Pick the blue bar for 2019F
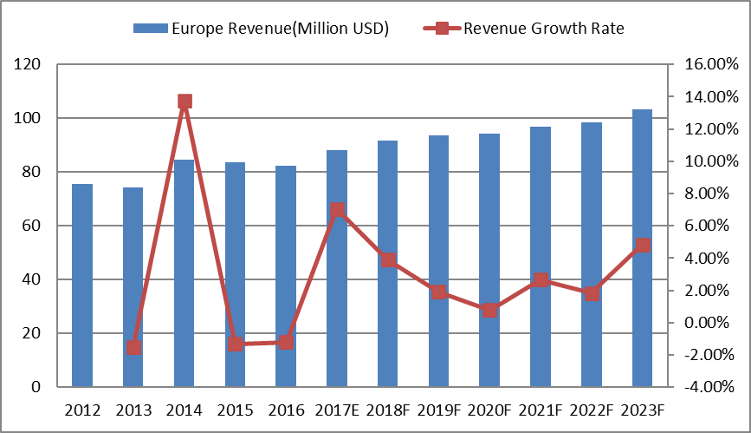(438, 260)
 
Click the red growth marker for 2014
(185, 102)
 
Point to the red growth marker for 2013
(133, 347)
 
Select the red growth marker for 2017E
(337, 210)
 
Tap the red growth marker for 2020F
(489, 310)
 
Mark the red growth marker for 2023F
(642, 246)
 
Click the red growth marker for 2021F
(541, 280)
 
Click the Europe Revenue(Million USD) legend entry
(261, 28)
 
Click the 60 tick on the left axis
(34, 226)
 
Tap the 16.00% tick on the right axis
(709, 64)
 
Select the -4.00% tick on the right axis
(709, 387)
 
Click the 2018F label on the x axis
(387, 409)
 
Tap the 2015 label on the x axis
(235, 409)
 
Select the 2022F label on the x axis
(592, 409)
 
